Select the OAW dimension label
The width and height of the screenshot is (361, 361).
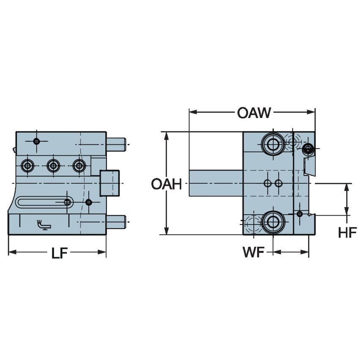[254, 113]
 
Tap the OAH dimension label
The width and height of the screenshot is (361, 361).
[166, 184]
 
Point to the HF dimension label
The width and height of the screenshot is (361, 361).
[347, 232]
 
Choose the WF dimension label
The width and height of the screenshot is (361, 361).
[253, 253]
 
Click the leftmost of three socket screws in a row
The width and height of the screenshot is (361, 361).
[28, 165]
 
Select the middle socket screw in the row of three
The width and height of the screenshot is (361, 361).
[53, 165]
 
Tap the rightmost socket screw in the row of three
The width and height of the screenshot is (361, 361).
[79, 165]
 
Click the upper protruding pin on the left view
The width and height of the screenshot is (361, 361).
[115, 145]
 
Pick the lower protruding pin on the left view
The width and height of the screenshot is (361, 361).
[115, 222]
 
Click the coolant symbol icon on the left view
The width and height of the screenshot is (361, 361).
[43, 224]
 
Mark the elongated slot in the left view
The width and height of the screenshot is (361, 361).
[44, 202]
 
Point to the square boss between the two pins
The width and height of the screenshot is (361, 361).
[110, 183]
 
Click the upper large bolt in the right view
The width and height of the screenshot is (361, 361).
[273, 144]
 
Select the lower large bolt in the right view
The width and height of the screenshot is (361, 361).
[273, 222]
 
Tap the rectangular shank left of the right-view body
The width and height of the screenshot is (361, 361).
[216, 183]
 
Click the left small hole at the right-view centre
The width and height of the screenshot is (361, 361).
[267, 183]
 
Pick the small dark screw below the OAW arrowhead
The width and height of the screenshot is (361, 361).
[308, 148]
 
